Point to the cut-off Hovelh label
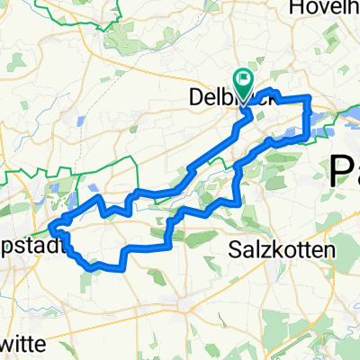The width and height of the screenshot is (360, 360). [x=323, y=8]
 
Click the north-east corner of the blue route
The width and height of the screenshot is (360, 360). [x=310, y=96]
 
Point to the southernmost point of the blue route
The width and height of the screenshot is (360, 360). [x=91, y=266]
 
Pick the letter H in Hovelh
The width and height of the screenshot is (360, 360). [x=292, y=8]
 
